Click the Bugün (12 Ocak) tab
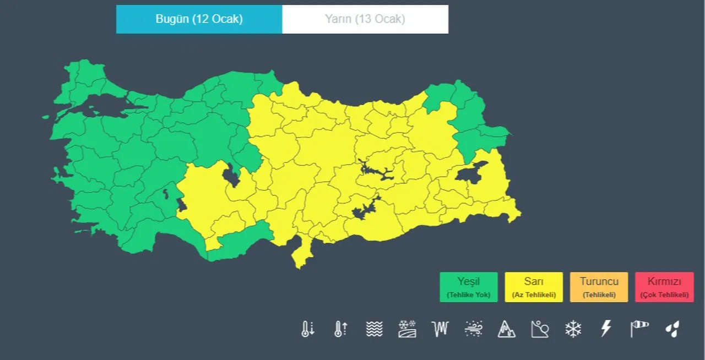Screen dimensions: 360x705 pos(199,19)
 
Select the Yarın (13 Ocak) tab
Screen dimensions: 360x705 pos(365,19)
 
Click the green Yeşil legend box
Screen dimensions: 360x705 pos(468,287)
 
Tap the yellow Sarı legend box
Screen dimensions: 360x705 pos(534,287)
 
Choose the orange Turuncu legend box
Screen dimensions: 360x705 pos(599,287)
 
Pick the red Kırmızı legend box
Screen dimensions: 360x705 pos(664,287)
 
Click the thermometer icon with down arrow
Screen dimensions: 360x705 pos(308,329)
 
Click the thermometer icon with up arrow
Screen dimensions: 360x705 pos(341,329)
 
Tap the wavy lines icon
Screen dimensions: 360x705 pos(374,329)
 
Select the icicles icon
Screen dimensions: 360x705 pos(440,329)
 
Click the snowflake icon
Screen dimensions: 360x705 pos(573,329)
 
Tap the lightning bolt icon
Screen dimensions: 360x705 pos(606,329)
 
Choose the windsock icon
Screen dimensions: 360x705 pos(639,329)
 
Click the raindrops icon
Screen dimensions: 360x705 pos(672,329)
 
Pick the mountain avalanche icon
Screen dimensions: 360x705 pos(506,329)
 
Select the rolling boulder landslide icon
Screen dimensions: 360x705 pos(539,329)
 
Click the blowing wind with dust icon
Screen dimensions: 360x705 pos(473,329)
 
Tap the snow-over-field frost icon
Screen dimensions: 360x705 pos(407,329)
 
